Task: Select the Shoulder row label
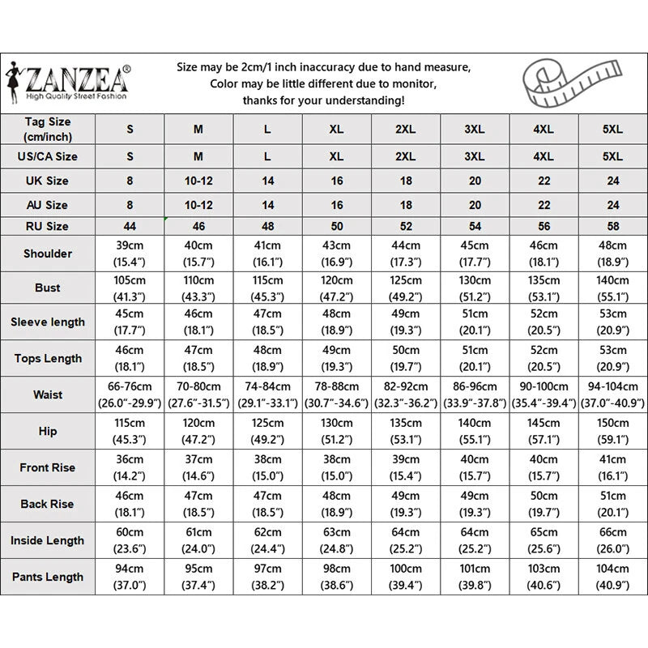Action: click(x=47, y=254)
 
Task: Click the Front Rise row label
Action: click(x=47, y=467)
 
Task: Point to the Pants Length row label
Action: click(x=47, y=577)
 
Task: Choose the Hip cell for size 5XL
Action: click(x=613, y=431)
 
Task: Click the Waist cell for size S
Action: click(x=130, y=394)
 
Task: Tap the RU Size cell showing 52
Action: click(x=405, y=226)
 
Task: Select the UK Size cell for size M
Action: click(x=198, y=181)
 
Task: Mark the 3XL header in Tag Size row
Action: click(x=475, y=129)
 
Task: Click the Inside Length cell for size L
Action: click(x=267, y=540)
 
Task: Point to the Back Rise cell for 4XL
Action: click(x=544, y=504)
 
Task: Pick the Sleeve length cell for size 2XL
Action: click(x=405, y=322)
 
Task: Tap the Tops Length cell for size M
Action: click(x=198, y=358)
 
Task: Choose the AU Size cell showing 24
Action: click(x=613, y=205)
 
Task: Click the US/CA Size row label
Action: click(x=47, y=156)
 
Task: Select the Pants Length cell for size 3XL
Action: click(x=475, y=577)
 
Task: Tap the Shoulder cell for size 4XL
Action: click(x=544, y=254)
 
